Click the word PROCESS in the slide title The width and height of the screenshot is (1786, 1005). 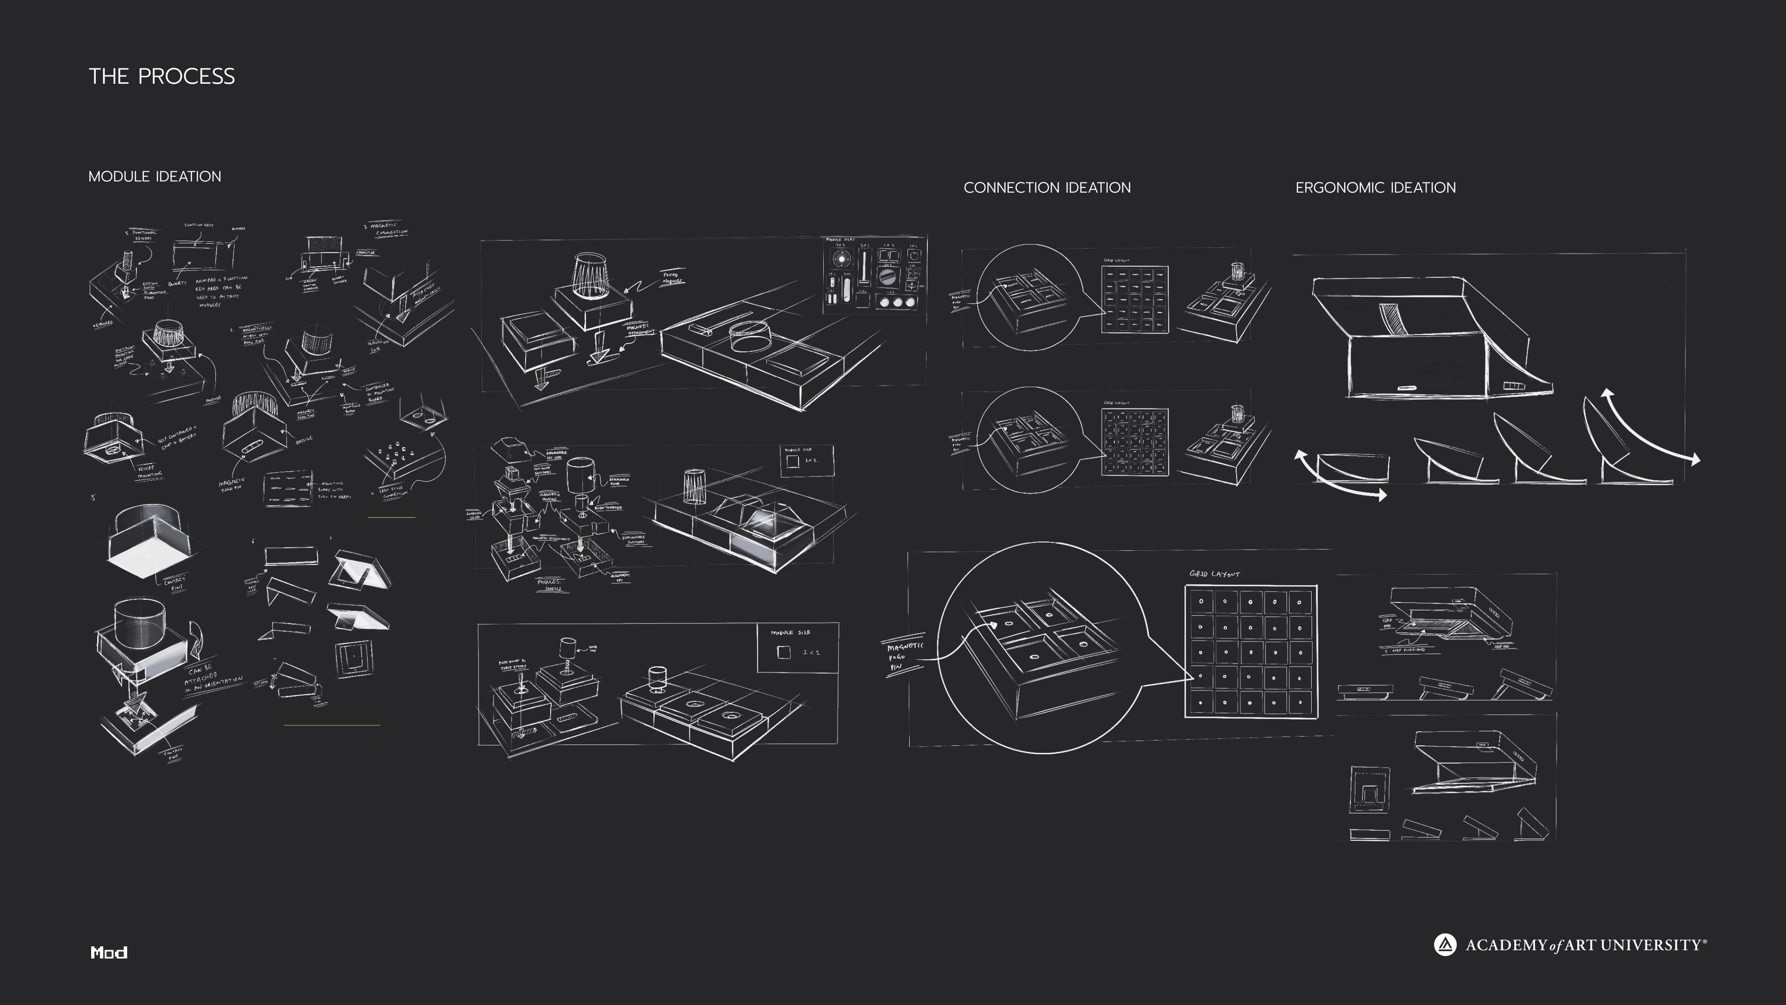click(x=186, y=76)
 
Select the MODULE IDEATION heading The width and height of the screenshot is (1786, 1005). click(x=154, y=177)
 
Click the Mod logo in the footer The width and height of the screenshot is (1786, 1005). click(x=109, y=952)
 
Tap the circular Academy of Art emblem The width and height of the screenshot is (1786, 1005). click(x=1445, y=945)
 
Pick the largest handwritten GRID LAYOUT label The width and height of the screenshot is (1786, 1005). click(x=1215, y=574)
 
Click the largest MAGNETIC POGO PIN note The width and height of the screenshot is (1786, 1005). click(x=903, y=656)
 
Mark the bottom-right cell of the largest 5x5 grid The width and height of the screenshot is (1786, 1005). click(x=1300, y=703)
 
